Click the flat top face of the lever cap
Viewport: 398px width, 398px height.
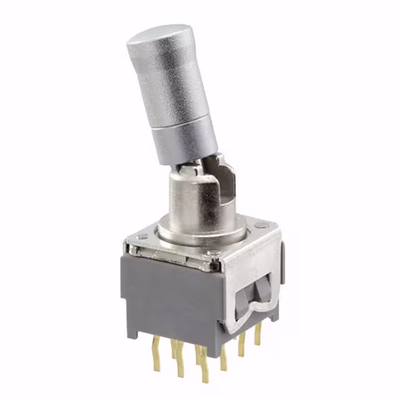click(158, 36)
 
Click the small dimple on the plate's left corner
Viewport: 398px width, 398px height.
click(142, 237)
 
